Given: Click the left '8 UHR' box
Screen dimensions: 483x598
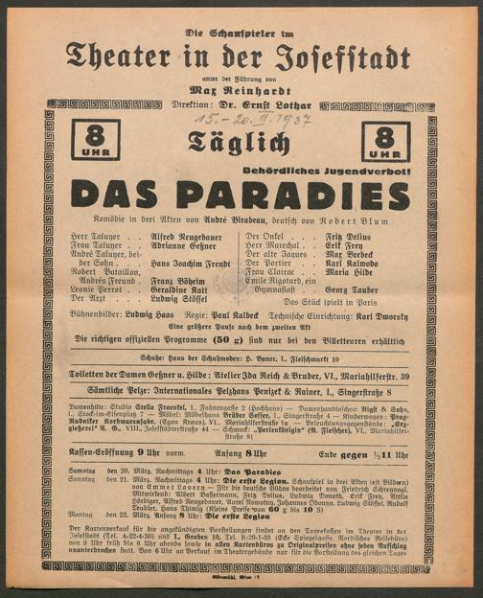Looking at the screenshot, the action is pyautogui.click(x=100, y=142).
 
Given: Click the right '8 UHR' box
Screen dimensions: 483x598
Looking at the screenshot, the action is pyautogui.click(x=386, y=142).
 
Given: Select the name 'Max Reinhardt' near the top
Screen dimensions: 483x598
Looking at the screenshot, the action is pyautogui.click(x=241, y=88).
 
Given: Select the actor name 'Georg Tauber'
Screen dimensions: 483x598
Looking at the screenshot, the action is pyautogui.click(x=355, y=287).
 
